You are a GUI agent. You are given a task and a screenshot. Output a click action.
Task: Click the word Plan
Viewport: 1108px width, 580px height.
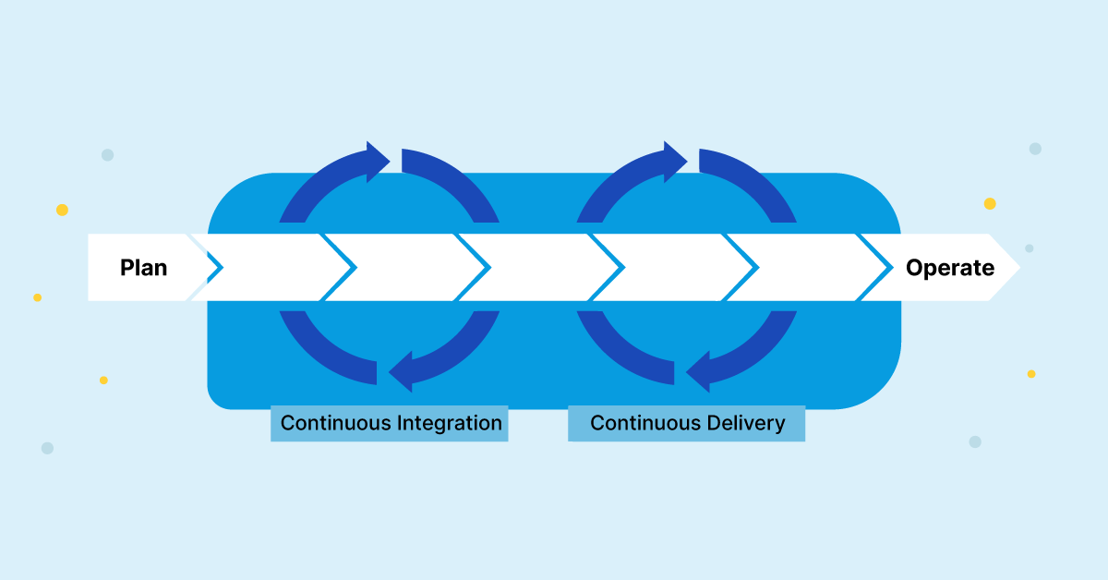pos(144,268)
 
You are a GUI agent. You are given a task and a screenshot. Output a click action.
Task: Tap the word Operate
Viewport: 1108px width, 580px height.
pos(950,268)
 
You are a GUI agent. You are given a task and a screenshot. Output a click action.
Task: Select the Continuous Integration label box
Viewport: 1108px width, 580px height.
pos(390,423)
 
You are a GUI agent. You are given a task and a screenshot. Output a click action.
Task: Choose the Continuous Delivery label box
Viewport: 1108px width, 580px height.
pos(687,423)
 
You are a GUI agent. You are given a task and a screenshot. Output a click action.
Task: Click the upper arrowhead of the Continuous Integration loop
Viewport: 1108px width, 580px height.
pos(379,162)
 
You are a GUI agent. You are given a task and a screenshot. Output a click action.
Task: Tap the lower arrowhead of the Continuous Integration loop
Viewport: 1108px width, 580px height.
pos(403,373)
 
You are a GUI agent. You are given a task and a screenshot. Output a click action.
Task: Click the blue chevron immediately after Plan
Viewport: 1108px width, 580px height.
pos(213,268)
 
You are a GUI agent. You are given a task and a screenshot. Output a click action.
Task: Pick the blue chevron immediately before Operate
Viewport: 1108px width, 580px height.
pos(881,268)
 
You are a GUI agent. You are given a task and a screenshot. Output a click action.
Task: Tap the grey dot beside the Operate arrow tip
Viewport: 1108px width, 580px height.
pos(1030,248)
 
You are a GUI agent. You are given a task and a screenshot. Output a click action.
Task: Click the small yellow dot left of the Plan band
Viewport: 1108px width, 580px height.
pos(37,297)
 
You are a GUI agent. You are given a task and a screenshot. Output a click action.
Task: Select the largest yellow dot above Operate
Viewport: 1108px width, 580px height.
pos(990,203)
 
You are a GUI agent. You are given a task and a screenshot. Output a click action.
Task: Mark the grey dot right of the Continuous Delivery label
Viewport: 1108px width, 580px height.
pos(975,441)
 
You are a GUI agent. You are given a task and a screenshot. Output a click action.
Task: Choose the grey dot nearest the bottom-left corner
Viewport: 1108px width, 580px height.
pos(47,448)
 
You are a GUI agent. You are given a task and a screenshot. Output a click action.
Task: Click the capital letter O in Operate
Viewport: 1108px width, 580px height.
pos(914,268)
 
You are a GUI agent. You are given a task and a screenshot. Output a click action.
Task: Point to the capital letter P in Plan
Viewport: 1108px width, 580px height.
pos(127,268)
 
